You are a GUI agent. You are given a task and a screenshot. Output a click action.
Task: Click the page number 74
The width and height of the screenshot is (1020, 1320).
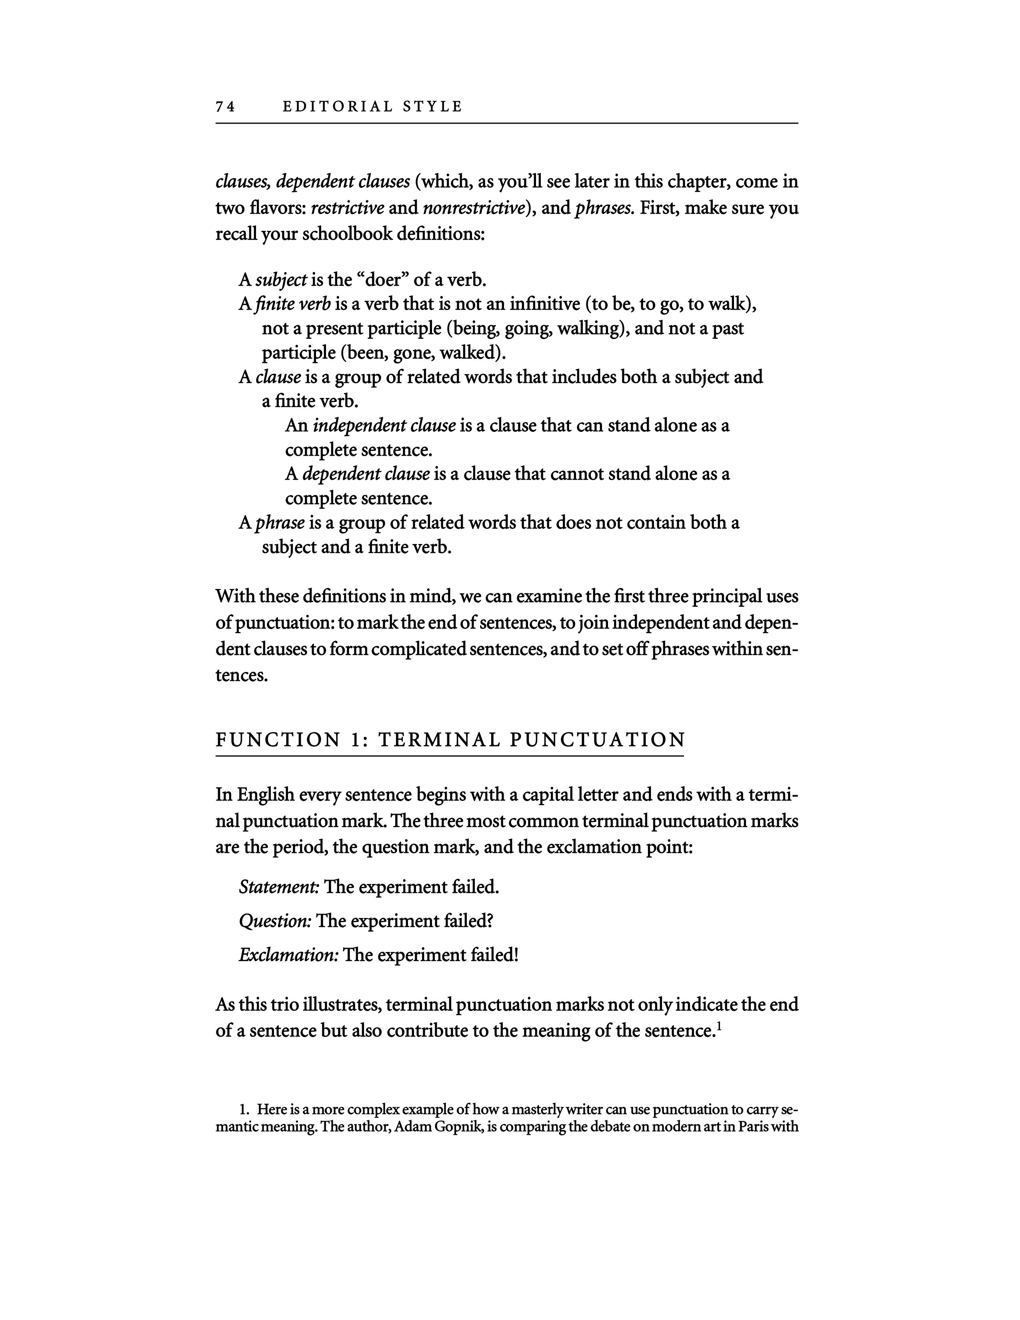coord(225,107)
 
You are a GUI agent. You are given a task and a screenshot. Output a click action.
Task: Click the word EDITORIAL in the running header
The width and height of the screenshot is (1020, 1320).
coord(338,107)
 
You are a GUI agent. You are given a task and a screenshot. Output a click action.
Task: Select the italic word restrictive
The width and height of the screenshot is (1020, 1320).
coord(348,208)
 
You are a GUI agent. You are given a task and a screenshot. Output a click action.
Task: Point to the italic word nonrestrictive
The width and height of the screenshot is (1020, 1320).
coord(473,208)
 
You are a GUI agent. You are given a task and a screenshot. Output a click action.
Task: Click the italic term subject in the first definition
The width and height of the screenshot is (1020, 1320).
coord(282,280)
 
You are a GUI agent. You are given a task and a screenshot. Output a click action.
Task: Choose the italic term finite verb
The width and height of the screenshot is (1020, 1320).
coord(293,304)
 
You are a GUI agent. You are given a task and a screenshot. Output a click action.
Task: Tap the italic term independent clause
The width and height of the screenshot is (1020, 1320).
coord(384,426)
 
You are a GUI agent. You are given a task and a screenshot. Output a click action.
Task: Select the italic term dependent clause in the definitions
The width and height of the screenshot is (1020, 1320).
coord(366,474)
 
